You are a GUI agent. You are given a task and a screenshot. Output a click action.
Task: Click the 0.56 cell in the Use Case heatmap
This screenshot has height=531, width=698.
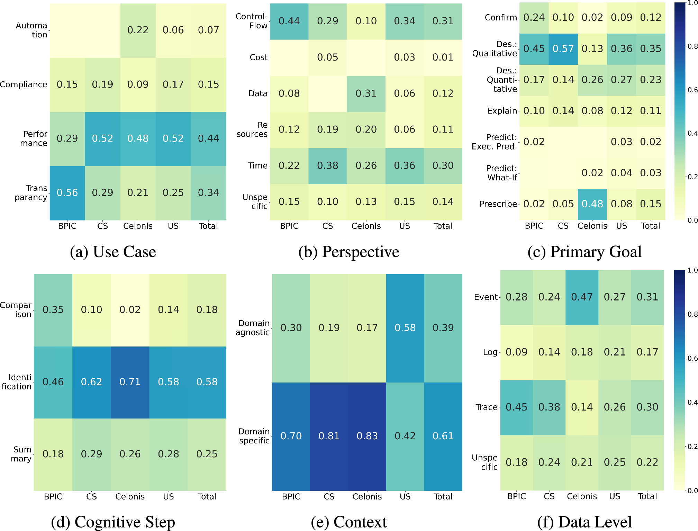pos(67,193)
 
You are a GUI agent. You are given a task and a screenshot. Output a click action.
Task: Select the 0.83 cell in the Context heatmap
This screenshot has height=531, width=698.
pos(367,436)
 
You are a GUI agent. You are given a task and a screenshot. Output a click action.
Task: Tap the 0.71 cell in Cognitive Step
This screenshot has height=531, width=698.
pos(130,382)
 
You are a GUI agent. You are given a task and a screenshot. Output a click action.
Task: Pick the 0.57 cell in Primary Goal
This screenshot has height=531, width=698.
pos(563,49)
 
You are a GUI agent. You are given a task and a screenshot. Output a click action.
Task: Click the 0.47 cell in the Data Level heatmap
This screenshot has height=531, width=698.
pos(582,297)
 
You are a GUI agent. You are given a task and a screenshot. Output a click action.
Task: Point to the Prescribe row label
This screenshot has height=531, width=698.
pos(498,204)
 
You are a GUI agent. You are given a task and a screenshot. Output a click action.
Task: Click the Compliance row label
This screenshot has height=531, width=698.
pos(24,84)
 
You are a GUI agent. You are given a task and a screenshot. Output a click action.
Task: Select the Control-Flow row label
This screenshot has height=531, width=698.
pos(252,21)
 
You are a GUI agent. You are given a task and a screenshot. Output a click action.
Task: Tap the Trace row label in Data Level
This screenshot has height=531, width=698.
pos(486,407)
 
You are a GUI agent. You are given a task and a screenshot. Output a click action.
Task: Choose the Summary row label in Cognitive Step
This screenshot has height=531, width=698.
pos(22,454)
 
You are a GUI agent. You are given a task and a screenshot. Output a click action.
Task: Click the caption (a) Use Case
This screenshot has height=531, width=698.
pos(113,252)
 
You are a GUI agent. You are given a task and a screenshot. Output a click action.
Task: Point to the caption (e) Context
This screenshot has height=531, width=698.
pos(349,522)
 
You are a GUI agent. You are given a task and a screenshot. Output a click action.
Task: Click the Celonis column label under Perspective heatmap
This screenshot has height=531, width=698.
pos(366,226)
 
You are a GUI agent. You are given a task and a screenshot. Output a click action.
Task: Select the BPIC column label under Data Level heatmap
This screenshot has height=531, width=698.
pos(516,496)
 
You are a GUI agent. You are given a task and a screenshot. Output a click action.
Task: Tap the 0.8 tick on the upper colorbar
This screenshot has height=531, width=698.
pos(692,46)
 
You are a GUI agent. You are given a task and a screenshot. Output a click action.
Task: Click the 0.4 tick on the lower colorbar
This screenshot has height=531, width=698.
pos(692,402)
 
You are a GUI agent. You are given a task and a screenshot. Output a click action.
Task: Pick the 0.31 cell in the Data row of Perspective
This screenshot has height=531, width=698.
pos(366,93)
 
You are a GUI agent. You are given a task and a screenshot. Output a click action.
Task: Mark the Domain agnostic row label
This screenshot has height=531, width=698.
pos(253,328)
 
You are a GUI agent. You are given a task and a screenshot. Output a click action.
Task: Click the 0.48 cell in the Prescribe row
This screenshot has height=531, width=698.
pos(592,204)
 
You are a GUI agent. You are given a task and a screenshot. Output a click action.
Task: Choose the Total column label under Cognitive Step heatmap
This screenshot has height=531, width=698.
pos(207,497)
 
